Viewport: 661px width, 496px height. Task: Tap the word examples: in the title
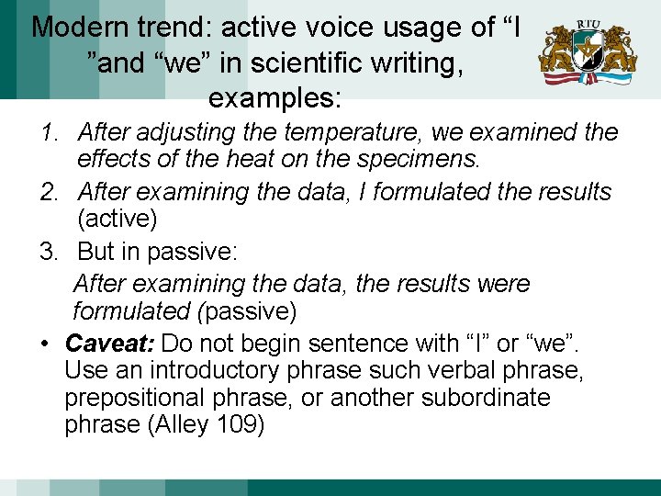274,96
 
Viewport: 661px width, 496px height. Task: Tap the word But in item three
99,251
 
